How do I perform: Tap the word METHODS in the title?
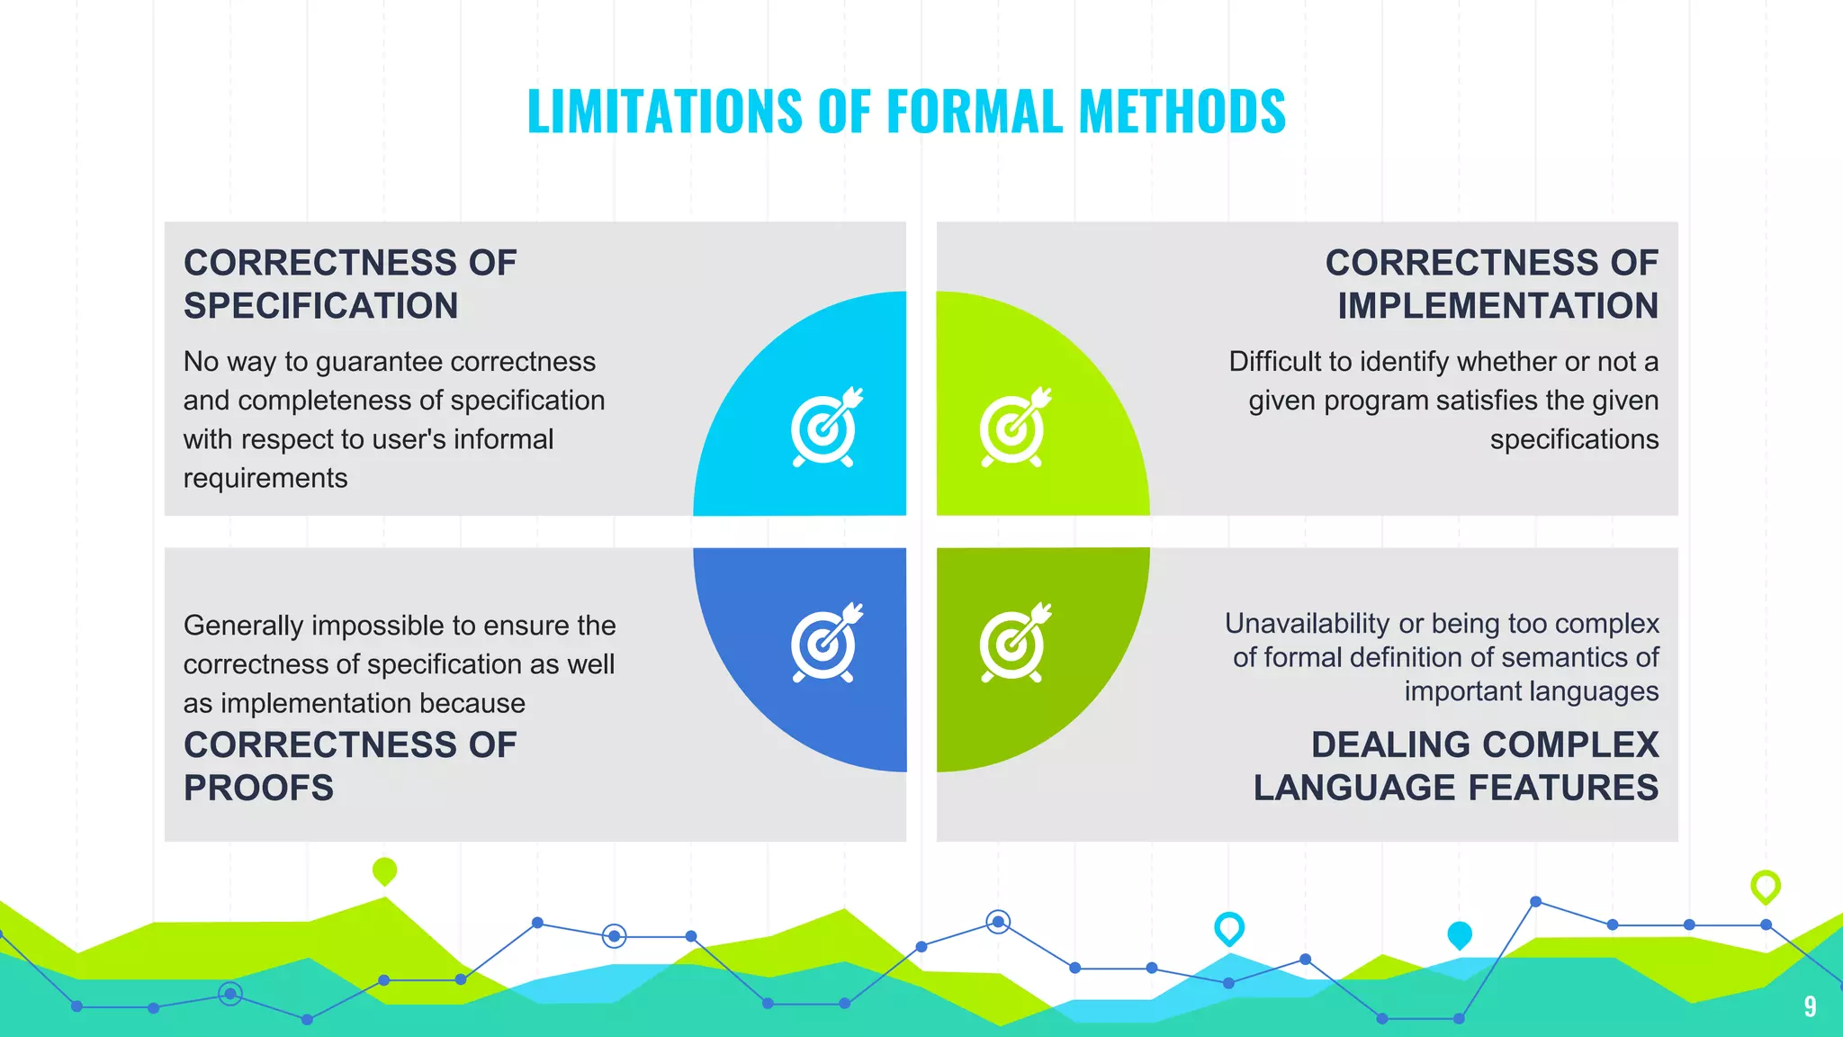click(x=1182, y=112)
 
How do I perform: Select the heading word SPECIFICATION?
click(x=321, y=306)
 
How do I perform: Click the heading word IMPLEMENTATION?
click(x=1497, y=306)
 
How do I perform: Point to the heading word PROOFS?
click(x=259, y=789)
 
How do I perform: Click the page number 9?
click(x=1810, y=1006)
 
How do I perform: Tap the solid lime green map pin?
click(x=384, y=871)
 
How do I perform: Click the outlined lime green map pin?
click(x=1765, y=887)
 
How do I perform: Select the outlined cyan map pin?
click(x=1228, y=928)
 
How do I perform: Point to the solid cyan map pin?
click(x=1459, y=935)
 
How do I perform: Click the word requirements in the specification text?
click(x=265, y=479)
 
